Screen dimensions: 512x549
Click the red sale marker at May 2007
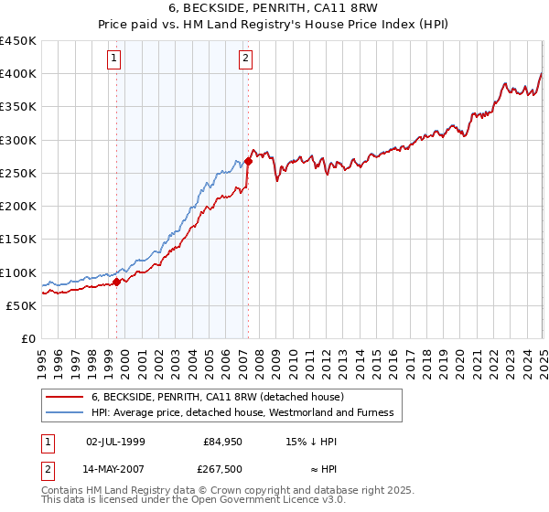coord(248,161)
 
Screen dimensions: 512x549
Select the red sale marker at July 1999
coord(117,283)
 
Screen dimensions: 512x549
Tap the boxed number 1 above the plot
coord(113,60)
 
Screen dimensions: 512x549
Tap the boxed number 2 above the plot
coord(247,60)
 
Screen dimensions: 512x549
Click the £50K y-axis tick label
coord(22,305)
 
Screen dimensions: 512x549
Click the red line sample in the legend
coord(65,397)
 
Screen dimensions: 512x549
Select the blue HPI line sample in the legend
coord(65,412)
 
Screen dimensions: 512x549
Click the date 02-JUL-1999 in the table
coord(115,442)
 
